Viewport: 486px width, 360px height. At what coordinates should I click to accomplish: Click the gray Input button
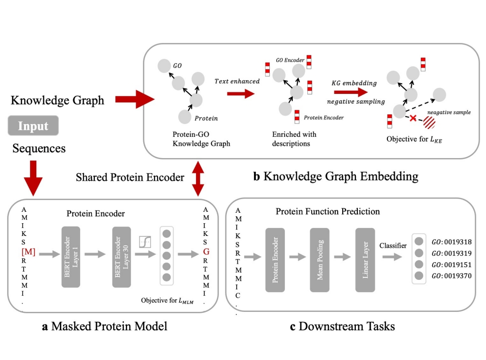point(33,126)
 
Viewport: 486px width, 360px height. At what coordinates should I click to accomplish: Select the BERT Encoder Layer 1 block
point(71,256)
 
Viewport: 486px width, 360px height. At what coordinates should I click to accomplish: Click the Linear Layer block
point(365,258)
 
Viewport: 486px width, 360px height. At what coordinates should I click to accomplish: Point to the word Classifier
point(393,246)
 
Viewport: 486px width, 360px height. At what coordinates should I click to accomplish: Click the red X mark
point(413,118)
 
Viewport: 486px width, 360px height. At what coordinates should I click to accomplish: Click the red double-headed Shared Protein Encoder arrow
point(198,178)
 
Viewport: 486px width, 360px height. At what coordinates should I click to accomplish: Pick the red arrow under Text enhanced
point(240,93)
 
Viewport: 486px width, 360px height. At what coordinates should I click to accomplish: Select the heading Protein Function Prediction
point(328,211)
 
